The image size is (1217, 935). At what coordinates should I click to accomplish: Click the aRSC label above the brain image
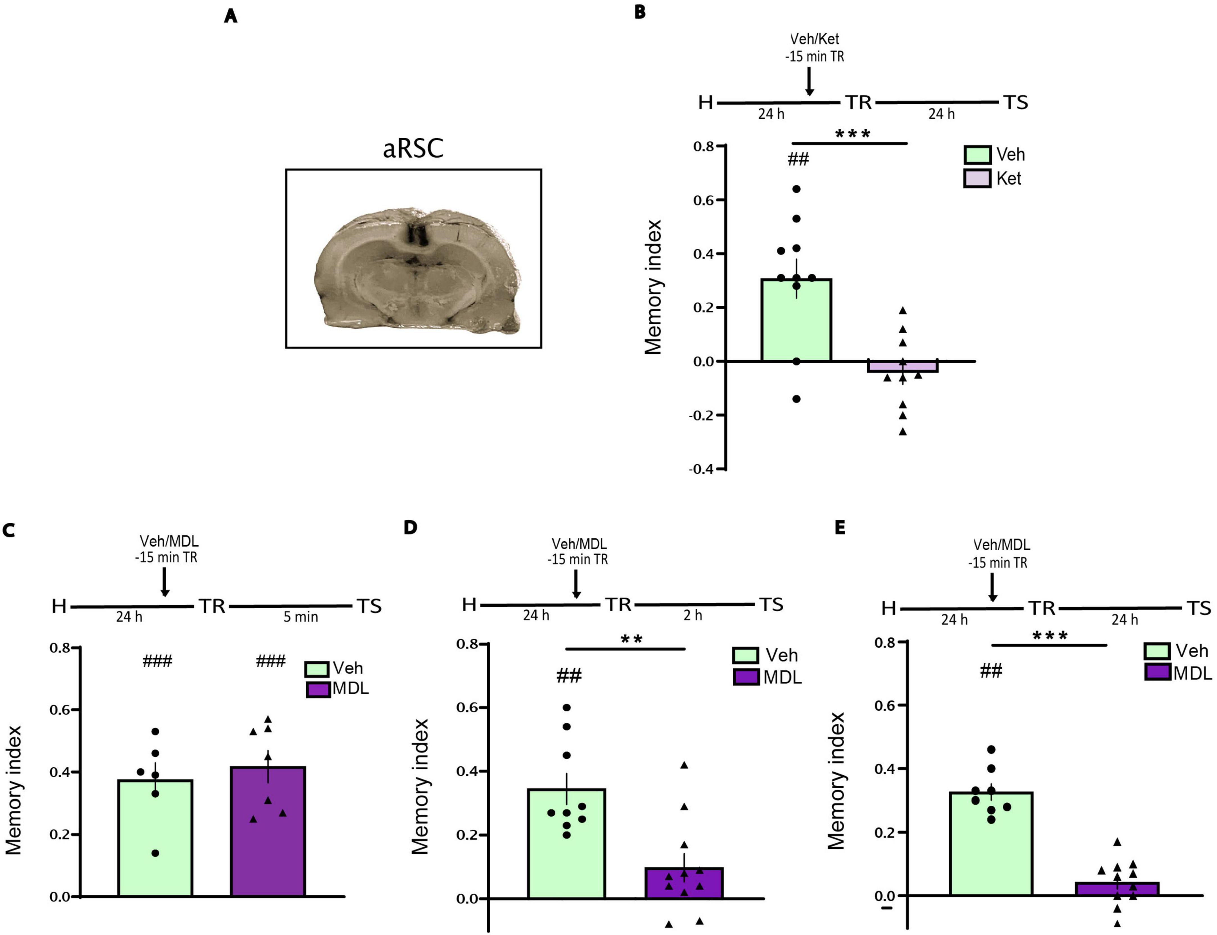coord(413,148)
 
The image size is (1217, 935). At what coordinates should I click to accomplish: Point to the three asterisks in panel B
coord(852,134)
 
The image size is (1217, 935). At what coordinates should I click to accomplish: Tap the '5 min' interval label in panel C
coord(301,617)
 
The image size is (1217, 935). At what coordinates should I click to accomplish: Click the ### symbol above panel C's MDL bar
coord(271,661)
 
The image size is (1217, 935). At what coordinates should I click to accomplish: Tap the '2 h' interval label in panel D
coord(693,615)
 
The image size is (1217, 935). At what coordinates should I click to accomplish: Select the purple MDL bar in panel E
coord(1117,889)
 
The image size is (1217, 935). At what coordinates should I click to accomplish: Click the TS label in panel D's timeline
coord(771,604)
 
